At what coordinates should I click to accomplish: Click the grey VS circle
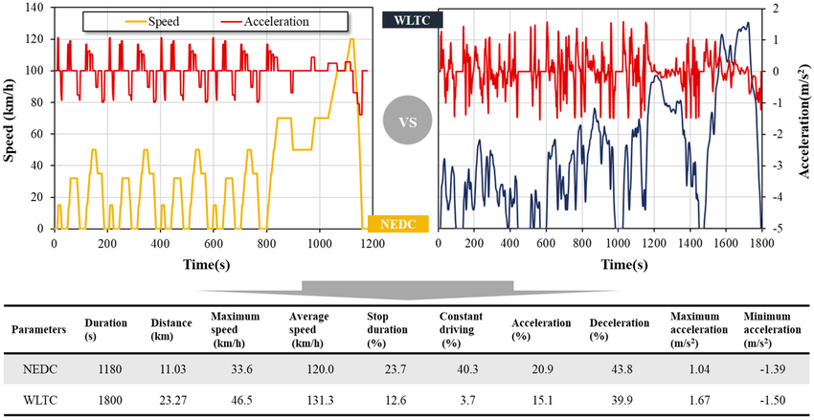point(407,122)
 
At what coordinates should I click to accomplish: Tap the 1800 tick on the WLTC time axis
point(761,243)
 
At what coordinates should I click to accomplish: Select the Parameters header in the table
point(39,329)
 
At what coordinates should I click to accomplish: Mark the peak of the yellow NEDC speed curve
point(351,39)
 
